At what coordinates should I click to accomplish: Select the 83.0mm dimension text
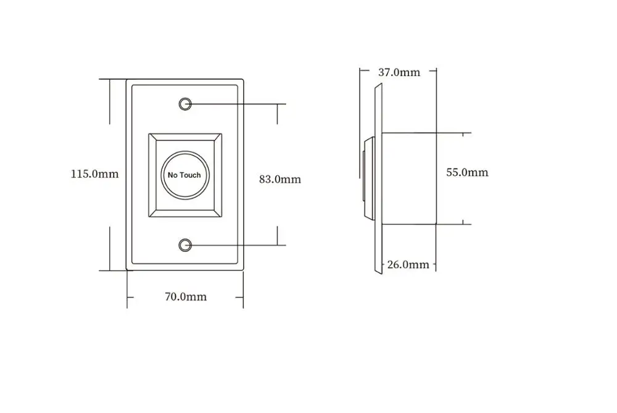point(280,179)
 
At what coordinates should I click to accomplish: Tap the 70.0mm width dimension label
point(185,297)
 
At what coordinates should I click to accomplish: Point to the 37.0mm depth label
point(399,72)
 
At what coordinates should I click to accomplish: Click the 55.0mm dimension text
point(467,172)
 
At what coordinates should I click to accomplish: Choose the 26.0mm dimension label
point(408,265)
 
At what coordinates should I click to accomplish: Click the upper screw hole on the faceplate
point(184,103)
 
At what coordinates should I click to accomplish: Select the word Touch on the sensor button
point(190,175)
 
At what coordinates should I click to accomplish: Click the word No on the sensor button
point(173,175)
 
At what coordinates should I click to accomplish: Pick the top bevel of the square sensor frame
point(184,137)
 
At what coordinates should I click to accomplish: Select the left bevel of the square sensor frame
point(152,174)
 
